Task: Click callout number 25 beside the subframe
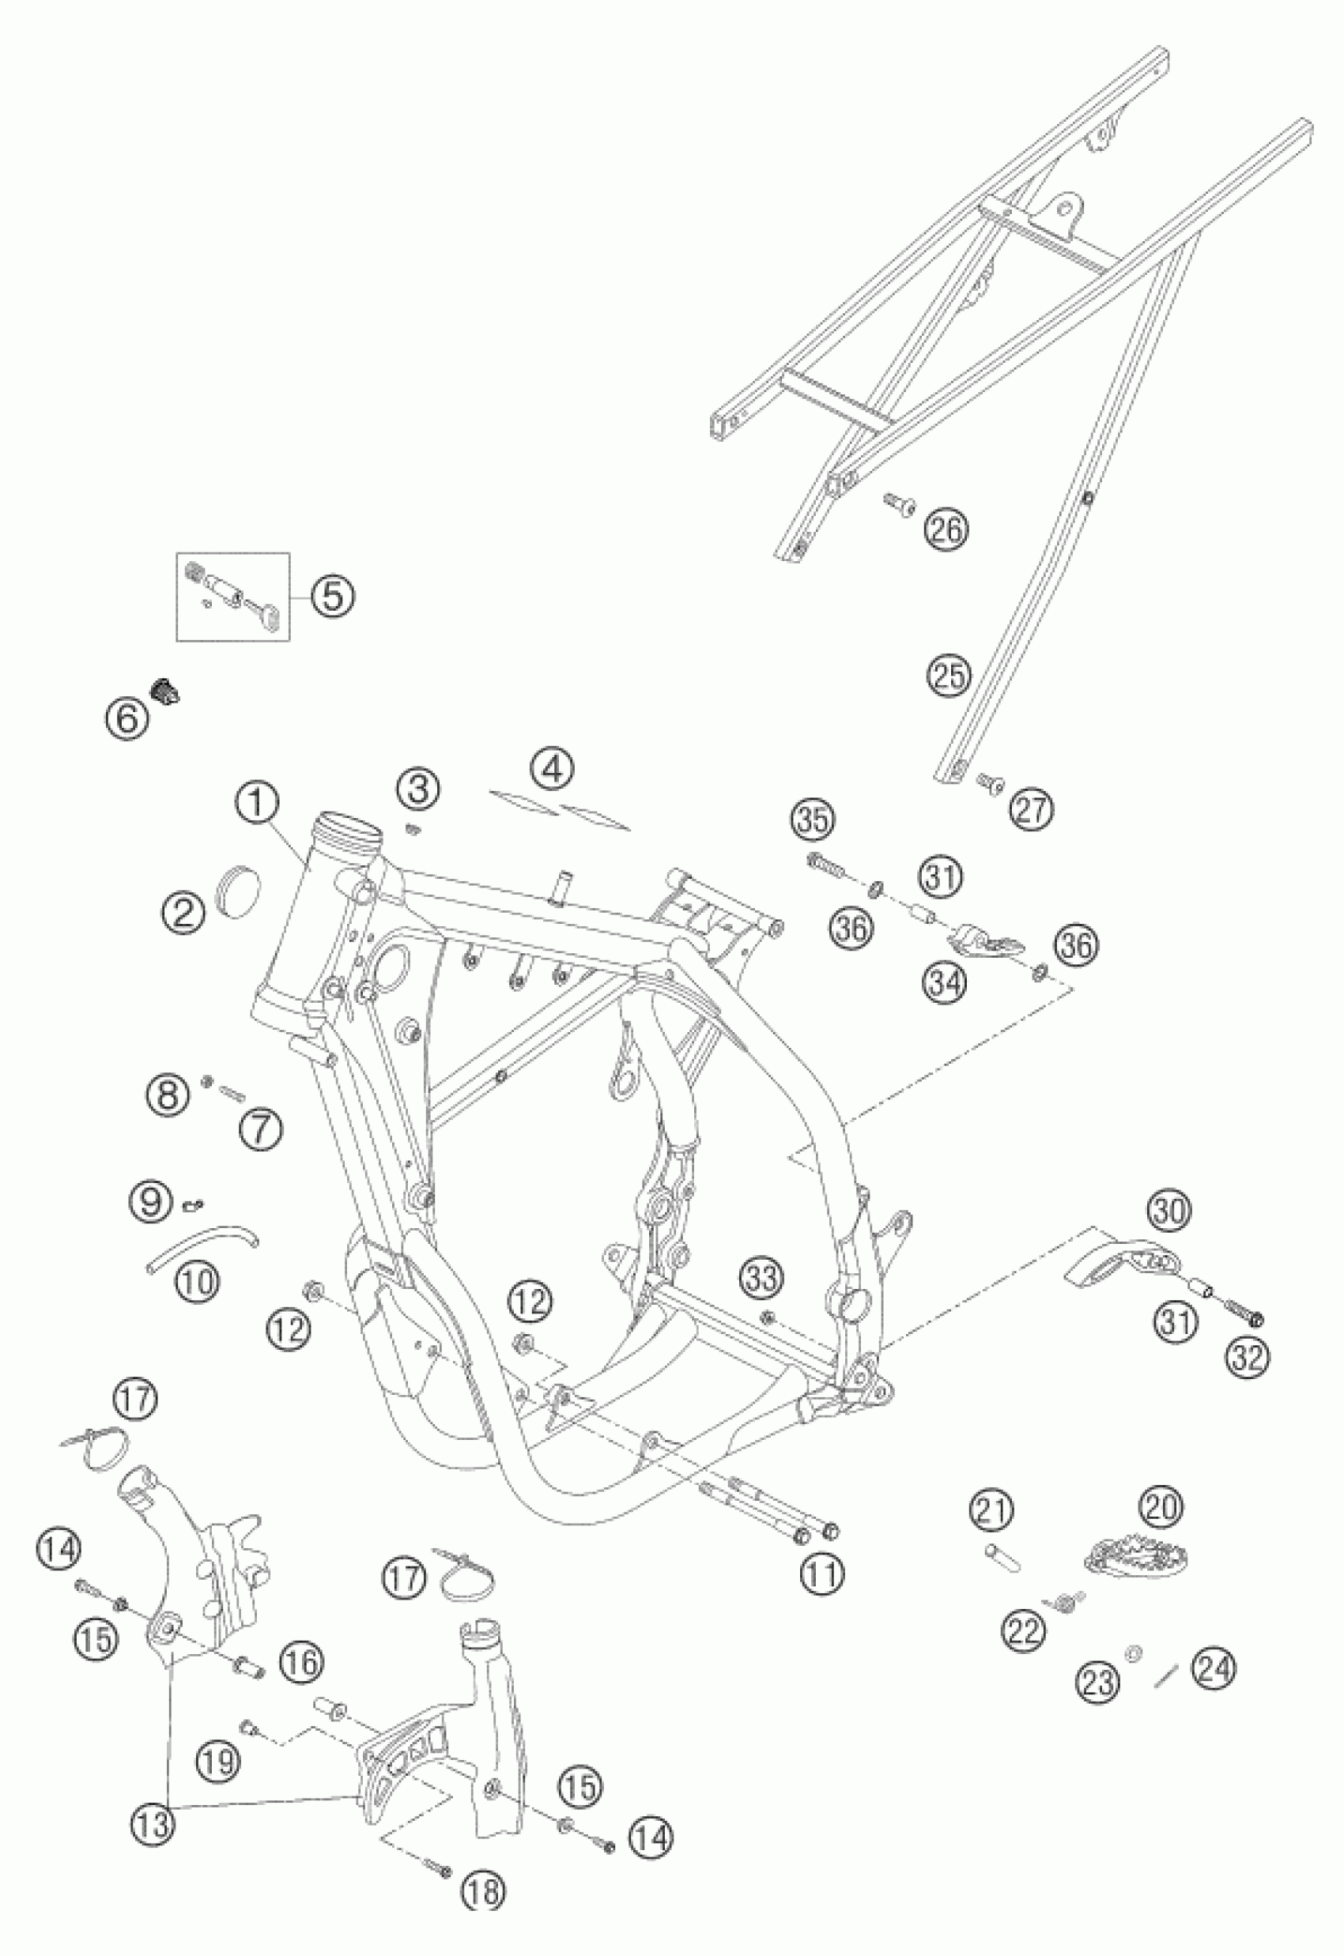[x=949, y=675]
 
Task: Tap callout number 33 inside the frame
[x=761, y=1280]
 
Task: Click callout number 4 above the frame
[x=553, y=767]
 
